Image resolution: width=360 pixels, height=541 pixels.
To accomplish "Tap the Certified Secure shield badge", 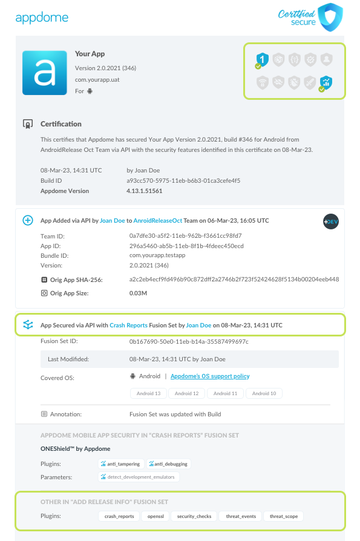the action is tap(330, 17).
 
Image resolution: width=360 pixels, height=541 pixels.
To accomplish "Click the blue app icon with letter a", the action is tap(44, 73).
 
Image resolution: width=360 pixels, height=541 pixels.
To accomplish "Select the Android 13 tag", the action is tap(149, 393).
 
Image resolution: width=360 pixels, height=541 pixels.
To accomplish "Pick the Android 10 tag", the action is tap(264, 393).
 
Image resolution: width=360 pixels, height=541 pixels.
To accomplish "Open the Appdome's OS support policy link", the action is tap(210, 376).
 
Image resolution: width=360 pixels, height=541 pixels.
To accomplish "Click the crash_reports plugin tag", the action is tap(119, 516).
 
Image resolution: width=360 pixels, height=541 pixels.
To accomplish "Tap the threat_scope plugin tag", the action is tap(284, 516).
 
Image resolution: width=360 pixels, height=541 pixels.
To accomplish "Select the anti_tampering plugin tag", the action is tap(121, 464).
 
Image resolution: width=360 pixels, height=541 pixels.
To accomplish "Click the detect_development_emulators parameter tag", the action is tap(139, 477).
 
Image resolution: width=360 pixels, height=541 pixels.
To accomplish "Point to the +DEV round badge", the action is tap(330, 220).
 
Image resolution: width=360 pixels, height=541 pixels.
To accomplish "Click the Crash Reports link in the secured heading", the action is tap(128, 325).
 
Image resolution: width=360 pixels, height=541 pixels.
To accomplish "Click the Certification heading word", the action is tap(61, 124).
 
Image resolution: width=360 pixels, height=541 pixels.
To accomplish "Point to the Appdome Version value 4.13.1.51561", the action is tap(144, 191).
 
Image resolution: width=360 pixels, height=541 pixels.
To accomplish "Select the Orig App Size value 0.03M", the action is tap(138, 293).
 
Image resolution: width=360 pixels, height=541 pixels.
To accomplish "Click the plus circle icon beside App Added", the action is tap(27, 220).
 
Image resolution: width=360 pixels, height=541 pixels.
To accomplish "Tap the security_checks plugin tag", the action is tap(193, 516).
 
